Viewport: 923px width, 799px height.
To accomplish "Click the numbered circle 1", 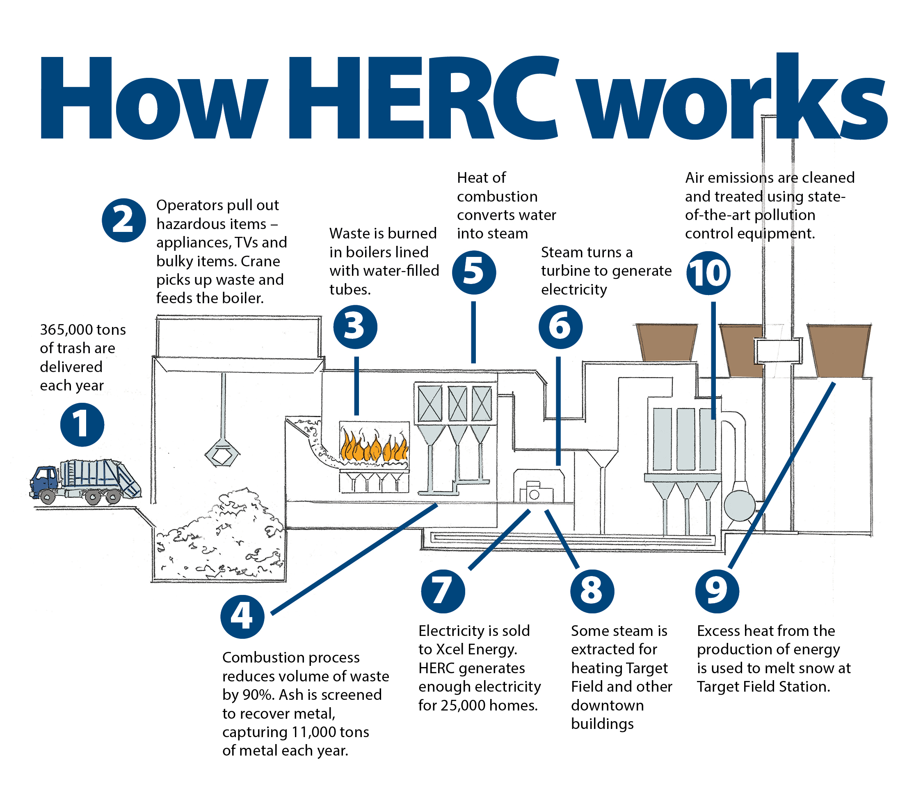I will (x=82, y=424).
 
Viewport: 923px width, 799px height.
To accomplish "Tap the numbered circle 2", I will (x=123, y=220).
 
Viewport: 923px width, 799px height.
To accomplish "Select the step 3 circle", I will (x=355, y=327).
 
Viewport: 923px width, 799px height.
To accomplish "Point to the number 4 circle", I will (x=242, y=617).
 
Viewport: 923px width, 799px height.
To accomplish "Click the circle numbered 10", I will (x=708, y=273).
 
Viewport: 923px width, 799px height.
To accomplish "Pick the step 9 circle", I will (x=717, y=591).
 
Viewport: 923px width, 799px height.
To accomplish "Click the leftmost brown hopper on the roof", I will (x=666, y=343).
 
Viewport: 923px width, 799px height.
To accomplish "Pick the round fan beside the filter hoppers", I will (x=739, y=506).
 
